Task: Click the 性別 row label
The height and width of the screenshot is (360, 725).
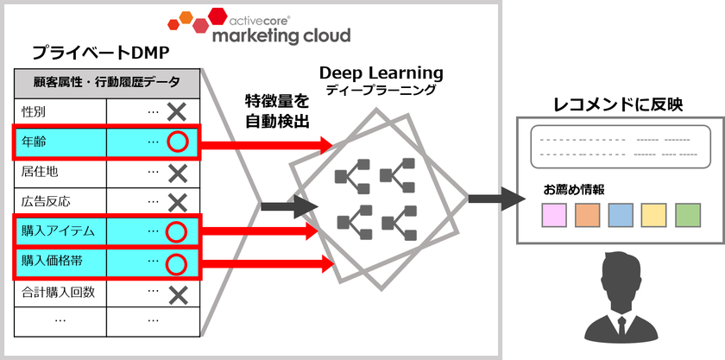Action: (35, 111)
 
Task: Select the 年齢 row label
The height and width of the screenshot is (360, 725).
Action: (35, 141)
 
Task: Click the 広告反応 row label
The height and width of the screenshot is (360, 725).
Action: (46, 201)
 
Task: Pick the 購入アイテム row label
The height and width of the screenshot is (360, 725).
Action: (57, 231)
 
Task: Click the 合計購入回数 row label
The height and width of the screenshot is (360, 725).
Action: (57, 293)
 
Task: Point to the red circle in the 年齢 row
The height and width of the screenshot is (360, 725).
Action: (176, 141)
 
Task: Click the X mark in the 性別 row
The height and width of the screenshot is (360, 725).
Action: (177, 111)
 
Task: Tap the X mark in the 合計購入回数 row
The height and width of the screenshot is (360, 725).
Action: (177, 294)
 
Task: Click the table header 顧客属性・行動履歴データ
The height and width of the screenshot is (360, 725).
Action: (108, 82)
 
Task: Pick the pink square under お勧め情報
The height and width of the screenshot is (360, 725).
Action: (554, 214)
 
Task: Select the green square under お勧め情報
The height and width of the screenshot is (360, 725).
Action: (688, 214)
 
